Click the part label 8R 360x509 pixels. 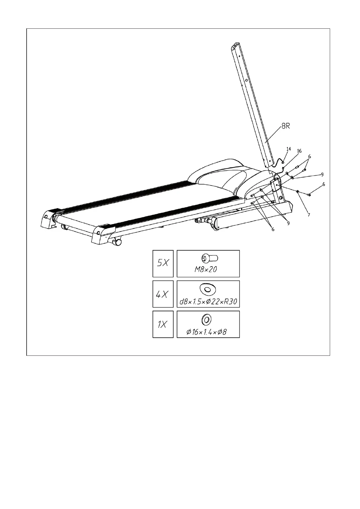click(286, 126)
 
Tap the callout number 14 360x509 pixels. click(289, 149)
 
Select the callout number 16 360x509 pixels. click(299, 151)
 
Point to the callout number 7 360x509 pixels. click(309, 215)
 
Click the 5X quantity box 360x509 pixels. click(163, 263)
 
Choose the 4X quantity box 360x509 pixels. click(163, 294)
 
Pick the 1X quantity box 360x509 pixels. click(163, 324)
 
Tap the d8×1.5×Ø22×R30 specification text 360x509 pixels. click(208, 301)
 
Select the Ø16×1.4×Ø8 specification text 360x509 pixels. click(206, 332)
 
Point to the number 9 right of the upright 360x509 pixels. click(322, 174)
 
